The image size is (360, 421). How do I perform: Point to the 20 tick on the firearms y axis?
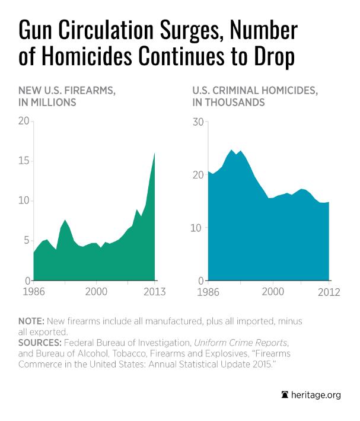[x=24, y=121]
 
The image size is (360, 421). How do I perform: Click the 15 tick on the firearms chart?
[x=24, y=161]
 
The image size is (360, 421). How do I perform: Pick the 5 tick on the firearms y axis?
[x=26, y=240]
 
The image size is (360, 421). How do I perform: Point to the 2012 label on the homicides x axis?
[x=329, y=292]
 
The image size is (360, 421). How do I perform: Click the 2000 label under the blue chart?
[x=272, y=292]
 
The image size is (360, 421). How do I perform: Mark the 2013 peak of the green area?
[x=155, y=153]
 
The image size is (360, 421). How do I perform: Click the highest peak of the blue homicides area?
[x=232, y=150]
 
